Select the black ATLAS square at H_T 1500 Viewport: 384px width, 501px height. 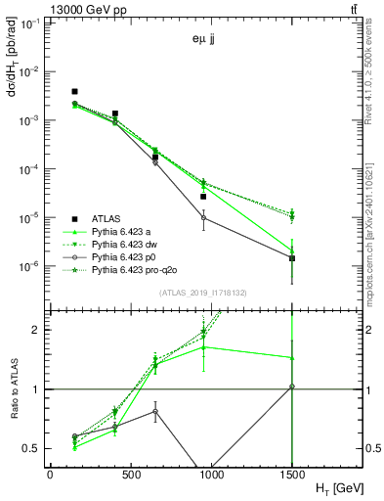[x=292, y=258]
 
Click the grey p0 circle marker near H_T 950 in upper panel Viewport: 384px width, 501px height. [x=203, y=217]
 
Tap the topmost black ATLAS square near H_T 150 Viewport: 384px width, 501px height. [x=75, y=91]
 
